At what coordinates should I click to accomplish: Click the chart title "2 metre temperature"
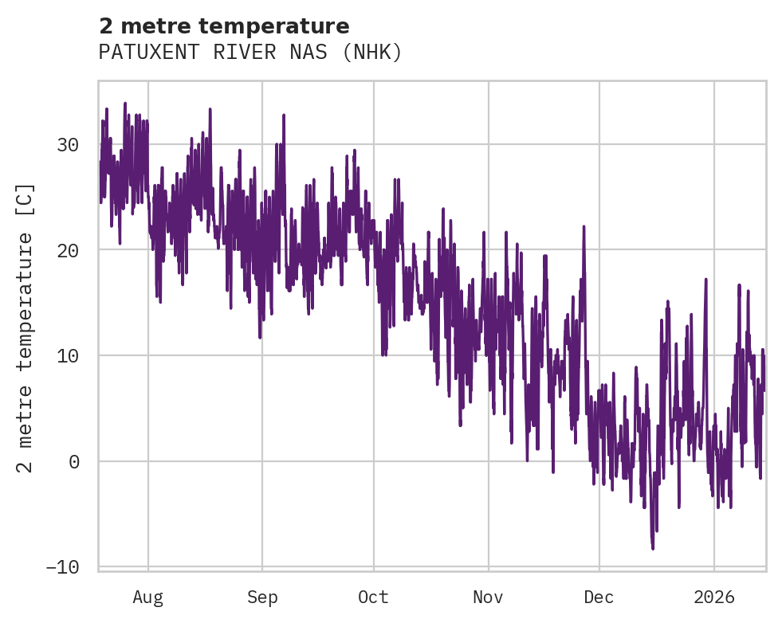pos(224,26)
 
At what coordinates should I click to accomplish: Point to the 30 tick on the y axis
pos(68,145)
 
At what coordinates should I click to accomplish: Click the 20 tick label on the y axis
pos(68,250)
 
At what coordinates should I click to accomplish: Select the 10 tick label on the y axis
pos(68,356)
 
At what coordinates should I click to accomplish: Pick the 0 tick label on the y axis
pos(74,461)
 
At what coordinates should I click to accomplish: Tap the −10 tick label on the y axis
pos(62,566)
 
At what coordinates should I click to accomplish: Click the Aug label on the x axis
pos(148,598)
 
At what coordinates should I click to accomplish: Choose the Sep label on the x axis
pos(261,598)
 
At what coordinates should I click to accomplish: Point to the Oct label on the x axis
pos(373,598)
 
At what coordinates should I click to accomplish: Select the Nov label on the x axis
pos(488,598)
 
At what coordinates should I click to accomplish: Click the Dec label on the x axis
pos(599,598)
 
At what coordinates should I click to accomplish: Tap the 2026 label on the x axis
pos(714,598)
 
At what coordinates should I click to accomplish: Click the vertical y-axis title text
pos(26,327)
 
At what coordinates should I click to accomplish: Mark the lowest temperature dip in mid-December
pos(653,548)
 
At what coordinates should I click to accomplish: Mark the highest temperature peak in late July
pos(125,104)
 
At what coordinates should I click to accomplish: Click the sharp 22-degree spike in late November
pos(584,227)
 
